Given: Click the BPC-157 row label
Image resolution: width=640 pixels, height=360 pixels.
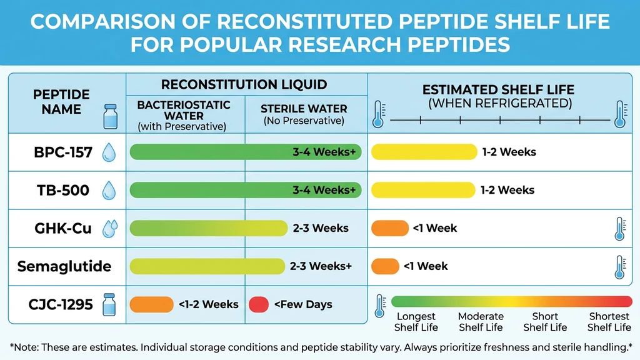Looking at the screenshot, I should [62, 152].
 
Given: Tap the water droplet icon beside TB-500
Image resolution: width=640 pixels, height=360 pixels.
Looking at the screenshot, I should [109, 190].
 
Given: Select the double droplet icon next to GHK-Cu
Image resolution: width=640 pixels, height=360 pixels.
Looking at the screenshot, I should [111, 228].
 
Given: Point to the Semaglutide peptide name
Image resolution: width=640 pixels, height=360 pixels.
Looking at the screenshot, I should [64, 266].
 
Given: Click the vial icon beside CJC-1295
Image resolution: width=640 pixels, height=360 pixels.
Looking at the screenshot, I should [110, 304].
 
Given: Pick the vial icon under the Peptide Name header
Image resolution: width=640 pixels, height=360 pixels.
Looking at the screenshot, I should [111, 116].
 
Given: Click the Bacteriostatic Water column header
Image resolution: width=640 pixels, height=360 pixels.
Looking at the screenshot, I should [184, 116].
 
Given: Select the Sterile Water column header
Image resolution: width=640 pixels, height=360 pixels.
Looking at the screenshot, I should [304, 114].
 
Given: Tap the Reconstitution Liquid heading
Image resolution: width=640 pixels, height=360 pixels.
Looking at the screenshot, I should [244, 85].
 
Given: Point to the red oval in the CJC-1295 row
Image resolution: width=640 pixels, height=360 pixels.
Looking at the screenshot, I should [259, 304].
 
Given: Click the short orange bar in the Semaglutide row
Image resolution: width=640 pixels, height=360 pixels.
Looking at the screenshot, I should [385, 266].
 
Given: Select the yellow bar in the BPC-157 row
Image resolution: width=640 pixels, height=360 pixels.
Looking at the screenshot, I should [424, 152].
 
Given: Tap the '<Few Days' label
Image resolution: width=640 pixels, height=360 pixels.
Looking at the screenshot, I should [302, 304].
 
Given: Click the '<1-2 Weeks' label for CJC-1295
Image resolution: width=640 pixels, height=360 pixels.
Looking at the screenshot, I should [208, 304].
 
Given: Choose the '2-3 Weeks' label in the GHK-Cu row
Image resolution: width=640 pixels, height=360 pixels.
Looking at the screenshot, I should [321, 228].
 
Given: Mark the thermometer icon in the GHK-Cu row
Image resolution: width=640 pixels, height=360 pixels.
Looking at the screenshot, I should [619, 229].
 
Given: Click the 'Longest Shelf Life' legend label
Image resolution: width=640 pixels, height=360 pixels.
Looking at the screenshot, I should [416, 322].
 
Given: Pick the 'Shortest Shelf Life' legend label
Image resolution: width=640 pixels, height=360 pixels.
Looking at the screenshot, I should [609, 322].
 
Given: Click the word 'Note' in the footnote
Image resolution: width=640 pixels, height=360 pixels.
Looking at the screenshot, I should [27, 346].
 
